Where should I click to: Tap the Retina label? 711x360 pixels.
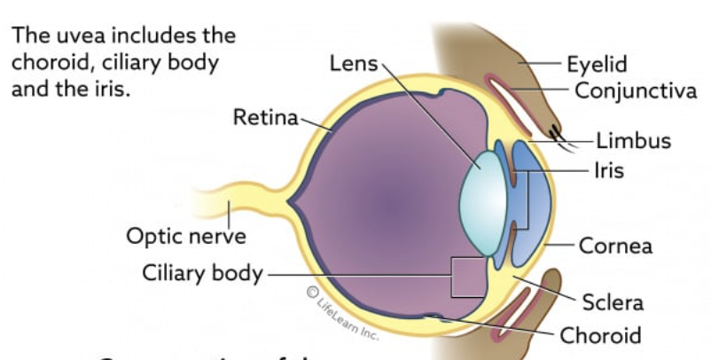(x=266, y=117)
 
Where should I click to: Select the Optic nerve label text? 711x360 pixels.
(x=185, y=236)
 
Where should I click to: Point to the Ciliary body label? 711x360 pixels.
(x=202, y=272)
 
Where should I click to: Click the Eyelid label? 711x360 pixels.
(x=597, y=64)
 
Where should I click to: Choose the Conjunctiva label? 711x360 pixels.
(x=636, y=90)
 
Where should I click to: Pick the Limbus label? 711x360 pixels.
(x=633, y=141)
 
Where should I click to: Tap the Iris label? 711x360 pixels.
(x=608, y=169)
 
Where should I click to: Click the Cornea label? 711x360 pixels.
(x=615, y=245)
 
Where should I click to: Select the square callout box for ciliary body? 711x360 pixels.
(x=468, y=277)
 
